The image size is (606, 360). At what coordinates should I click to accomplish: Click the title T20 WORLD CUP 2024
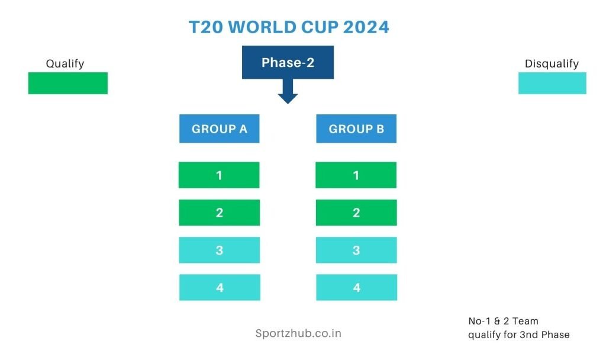tap(289, 27)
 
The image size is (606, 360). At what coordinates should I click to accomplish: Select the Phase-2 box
tap(288, 62)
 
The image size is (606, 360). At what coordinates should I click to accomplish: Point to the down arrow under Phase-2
tap(288, 91)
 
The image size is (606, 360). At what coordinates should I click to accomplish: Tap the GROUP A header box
tap(219, 128)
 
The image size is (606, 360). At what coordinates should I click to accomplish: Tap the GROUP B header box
tap(356, 128)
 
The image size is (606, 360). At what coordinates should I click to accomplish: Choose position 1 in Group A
tap(219, 175)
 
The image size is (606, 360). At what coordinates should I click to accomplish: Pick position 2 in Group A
tap(219, 213)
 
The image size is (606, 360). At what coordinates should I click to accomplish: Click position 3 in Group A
tap(219, 250)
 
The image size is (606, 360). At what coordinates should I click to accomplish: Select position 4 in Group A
tap(220, 287)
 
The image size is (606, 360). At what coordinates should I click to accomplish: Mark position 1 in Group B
tap(356, 175)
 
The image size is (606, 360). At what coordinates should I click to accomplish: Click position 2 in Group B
tap(356, 213)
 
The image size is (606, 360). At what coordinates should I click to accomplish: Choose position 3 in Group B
tap(356, 250)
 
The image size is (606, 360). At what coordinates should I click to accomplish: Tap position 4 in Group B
tap(357, 287)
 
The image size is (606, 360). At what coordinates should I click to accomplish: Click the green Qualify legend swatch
tap(68, 83)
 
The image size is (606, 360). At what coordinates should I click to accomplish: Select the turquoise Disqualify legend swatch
tap(552, 83)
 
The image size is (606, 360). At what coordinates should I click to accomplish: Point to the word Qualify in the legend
tap(65, 63)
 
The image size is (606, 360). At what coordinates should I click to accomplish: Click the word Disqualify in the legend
tap(552, 63)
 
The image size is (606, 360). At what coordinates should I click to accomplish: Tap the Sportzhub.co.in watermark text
tap(298, 333)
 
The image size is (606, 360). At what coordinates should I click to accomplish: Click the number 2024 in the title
tap(366, 27)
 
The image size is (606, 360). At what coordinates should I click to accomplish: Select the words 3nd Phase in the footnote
tap(544, 335)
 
